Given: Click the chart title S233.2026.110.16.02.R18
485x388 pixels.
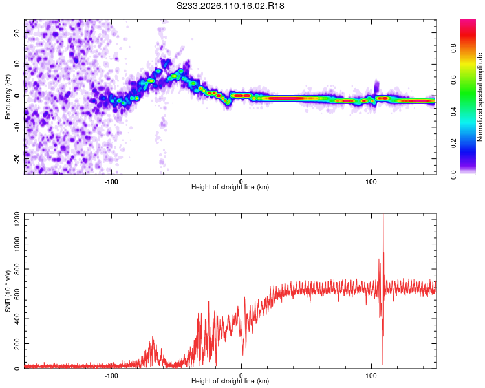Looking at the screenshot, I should tap(231, 6).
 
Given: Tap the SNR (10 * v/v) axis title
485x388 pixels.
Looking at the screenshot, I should tap(8, 291).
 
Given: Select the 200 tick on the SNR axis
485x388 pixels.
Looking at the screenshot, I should tap(14, 343).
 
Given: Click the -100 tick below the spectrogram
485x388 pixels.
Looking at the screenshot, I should tap(111, 180).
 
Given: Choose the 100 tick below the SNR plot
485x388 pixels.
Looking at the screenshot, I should tap(371, 374).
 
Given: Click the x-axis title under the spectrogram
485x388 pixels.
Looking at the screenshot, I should tap(231, 188).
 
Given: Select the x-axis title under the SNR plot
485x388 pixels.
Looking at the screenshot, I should tap(231, 382).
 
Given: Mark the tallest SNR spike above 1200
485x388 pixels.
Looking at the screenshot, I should tap(383, 216).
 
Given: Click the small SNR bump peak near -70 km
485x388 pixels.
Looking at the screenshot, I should tap(153, 338).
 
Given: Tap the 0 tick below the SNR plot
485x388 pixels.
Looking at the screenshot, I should tap(241, 374).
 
